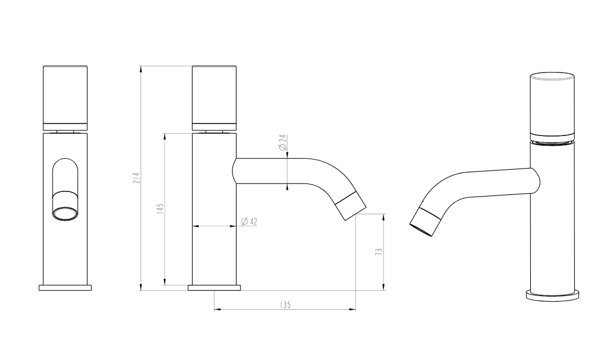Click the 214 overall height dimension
tap(137, 178)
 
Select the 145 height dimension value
tap(160, 209)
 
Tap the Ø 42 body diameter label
tap(249, 222)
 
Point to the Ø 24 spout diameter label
tap(282, 143)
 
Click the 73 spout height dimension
tap(379, 252)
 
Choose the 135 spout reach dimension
tap(285, 305)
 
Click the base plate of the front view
tap(65, 287)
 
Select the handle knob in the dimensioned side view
tap(214, 98)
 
